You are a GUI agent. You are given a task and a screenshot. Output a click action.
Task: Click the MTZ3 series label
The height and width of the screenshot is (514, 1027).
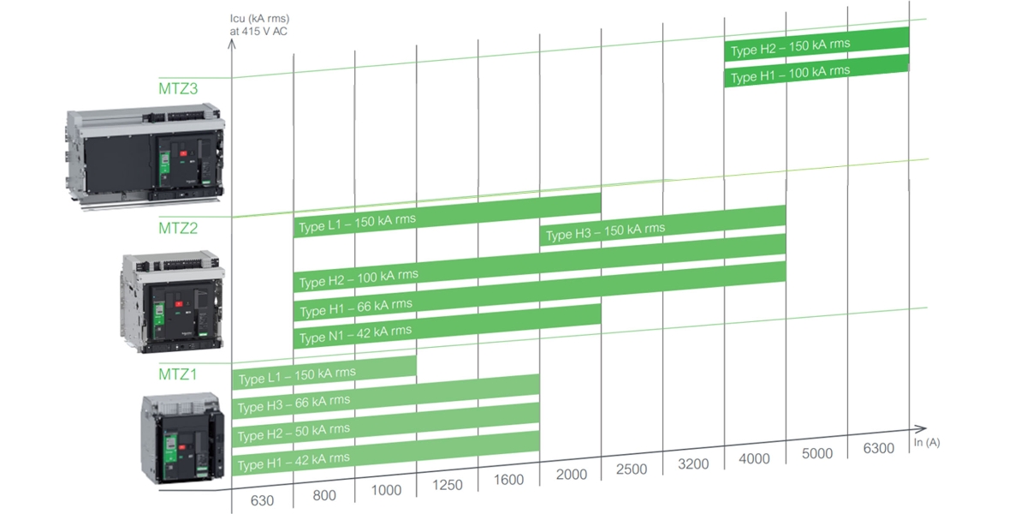(178, 88)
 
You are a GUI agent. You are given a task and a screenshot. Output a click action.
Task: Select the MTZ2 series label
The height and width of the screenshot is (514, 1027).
(178, 228)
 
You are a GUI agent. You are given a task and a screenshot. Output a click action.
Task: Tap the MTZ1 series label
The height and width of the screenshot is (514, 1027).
(178, 374)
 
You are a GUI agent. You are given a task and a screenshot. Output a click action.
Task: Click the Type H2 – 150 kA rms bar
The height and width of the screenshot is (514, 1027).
(816, 44)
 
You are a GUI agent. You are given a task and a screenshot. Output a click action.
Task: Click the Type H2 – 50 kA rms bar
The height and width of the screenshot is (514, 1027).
(385, 425)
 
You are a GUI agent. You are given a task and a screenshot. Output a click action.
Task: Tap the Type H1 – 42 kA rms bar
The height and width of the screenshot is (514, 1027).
(385, 454)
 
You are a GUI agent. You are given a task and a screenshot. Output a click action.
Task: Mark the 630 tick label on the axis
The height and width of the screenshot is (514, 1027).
(261, 499)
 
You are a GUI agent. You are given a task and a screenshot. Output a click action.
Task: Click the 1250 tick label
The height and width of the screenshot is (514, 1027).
(447, 485)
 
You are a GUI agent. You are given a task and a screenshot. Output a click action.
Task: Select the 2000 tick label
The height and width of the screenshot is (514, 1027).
(570, 475)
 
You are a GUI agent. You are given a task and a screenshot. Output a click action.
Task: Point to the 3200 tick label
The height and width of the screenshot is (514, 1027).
(693, 464)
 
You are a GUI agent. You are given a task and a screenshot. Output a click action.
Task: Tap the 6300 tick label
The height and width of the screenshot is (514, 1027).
(878, 448)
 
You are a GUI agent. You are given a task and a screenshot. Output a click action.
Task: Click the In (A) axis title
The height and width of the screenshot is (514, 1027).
(928, 442)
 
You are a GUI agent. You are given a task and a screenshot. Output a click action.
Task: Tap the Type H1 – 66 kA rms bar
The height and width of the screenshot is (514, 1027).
(539, 291)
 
